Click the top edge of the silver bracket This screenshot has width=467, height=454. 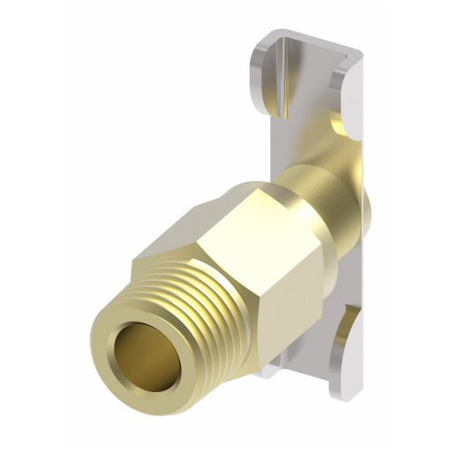313,35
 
